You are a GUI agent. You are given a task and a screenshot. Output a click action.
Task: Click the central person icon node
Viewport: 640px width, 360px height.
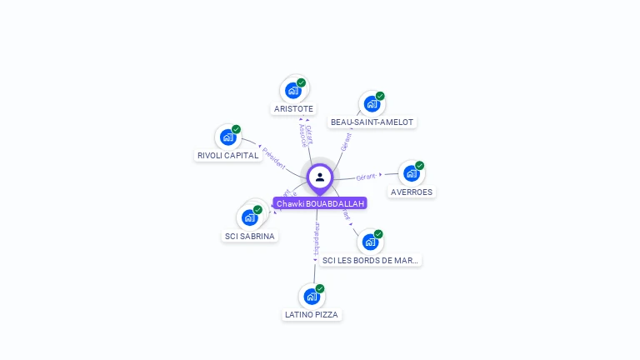320,177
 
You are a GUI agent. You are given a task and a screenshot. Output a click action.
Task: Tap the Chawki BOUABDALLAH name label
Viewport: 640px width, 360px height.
320,203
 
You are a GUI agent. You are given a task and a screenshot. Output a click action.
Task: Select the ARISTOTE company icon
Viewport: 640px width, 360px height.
292,91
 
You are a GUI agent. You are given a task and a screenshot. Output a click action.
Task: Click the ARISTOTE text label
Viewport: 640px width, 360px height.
293,109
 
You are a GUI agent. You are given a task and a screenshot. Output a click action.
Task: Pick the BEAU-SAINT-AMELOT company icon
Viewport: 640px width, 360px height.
372,104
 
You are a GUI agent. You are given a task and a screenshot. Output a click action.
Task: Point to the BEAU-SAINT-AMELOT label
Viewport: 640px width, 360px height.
372,122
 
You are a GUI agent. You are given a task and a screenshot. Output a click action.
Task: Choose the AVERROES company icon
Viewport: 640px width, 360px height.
411,173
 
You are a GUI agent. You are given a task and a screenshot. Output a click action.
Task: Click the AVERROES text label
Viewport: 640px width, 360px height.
412,192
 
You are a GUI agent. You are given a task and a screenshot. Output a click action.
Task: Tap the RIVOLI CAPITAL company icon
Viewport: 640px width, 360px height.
227,137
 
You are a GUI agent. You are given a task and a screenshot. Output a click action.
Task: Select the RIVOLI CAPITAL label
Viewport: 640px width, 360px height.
227,156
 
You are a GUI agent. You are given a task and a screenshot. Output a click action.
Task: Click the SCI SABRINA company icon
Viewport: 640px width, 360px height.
249,217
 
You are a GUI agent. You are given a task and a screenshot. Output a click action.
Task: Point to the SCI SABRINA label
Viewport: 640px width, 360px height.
250,236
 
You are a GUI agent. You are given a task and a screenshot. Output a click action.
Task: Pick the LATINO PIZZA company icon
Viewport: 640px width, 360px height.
312,296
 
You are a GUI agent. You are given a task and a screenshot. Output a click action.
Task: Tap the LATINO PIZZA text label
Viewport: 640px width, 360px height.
312,315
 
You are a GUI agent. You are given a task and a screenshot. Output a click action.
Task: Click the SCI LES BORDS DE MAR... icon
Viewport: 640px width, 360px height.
370,242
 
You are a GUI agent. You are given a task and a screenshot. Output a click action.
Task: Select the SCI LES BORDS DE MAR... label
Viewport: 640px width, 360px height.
371,261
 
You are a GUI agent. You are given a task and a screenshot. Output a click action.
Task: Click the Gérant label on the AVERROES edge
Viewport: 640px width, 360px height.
367,177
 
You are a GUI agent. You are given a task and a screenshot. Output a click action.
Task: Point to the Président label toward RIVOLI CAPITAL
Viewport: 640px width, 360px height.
274,158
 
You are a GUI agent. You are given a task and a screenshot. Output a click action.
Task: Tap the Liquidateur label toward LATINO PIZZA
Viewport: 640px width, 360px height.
316,240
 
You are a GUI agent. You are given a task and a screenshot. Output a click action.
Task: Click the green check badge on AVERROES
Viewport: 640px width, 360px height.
419,166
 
